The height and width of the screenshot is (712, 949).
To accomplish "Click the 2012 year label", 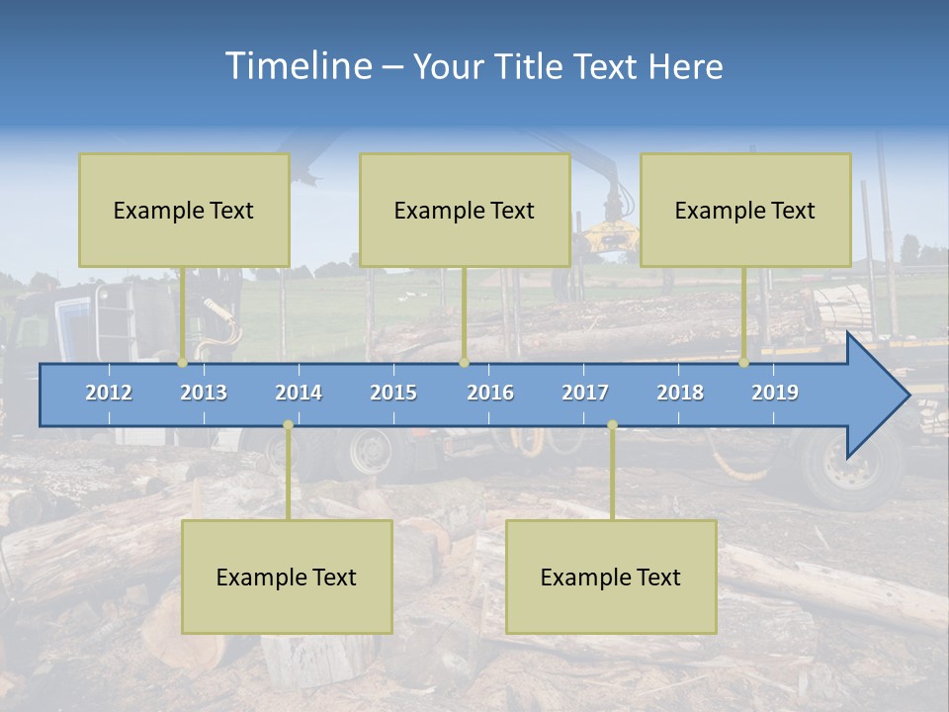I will [x=109, y=393].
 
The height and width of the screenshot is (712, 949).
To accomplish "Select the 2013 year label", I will [x=204, y=393].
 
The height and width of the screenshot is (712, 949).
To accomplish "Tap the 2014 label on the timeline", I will [x=299, y=393].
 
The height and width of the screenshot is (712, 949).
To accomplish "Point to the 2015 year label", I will [x=393, y=393].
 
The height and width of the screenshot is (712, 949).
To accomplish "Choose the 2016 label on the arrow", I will [x=490, y=393].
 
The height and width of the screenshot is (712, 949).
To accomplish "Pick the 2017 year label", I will [x=585, y=393].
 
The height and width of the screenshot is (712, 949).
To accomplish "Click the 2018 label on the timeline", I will [x=680, y=393].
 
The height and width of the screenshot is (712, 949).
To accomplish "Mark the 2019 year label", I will [x=775, y=393].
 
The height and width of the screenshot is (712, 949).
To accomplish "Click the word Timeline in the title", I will [x=298, y=66].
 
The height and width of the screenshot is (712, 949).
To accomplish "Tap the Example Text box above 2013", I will [x=184, y=210].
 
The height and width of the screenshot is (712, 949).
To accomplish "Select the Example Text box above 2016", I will [x=465, y=210].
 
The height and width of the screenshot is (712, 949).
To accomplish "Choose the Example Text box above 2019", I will [x=745, y=210].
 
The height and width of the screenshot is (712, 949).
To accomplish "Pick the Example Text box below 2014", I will [x=287, y=577].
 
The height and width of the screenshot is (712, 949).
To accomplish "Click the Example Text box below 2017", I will [x=611, y=577].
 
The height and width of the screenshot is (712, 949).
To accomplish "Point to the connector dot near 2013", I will [x=183, y=363].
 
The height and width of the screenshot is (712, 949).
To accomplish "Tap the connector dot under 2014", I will [x=288, y=425].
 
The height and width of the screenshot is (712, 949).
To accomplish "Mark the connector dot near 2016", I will [x=464, y=363].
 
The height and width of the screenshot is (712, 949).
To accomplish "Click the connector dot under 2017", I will [x=612, y=425].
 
